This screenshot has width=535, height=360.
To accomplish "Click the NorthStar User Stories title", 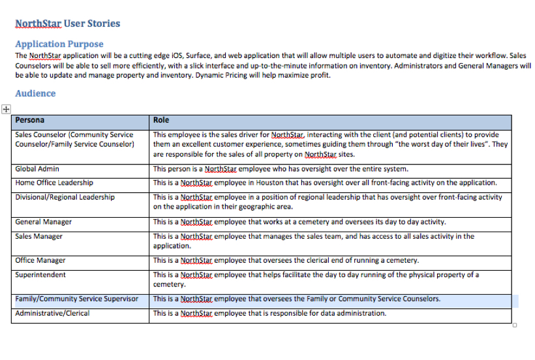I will coord(68,23).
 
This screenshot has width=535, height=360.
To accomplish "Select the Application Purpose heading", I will coord(59,44).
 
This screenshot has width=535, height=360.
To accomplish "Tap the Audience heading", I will coord(35,93).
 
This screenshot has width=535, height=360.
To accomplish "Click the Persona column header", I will coord(30,120).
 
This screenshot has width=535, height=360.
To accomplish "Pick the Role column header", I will coord(161,120).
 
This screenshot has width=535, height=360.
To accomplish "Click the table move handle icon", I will coord(5,109).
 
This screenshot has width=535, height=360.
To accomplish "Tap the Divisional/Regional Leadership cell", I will coord(65,197).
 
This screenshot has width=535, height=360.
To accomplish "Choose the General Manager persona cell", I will coord(43,222).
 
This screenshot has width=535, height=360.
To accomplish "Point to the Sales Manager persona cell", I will coord(38,236).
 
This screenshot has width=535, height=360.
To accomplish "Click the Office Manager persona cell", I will coord(40,260).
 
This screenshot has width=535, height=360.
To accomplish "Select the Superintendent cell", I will coord(40,275).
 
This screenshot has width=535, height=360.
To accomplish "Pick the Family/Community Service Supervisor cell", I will coord(77,299).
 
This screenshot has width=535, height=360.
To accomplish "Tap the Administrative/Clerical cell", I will coord(52,313).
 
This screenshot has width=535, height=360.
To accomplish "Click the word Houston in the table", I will coord(271,183).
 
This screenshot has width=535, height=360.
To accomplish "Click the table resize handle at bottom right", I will coord(514,325).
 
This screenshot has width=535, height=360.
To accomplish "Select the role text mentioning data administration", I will coord(269,313).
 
